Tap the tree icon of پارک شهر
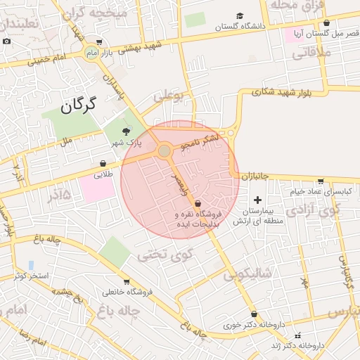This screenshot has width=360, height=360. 126,131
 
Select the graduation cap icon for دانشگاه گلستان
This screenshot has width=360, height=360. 240,16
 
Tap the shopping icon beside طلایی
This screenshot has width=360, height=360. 103,163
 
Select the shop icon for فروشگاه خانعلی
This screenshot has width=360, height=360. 127,282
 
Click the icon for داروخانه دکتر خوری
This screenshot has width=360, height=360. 254,314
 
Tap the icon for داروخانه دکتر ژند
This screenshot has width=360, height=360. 297,335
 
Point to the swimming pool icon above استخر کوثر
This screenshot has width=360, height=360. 31,265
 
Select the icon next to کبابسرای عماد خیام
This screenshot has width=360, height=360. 321,181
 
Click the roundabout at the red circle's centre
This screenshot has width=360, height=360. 165,150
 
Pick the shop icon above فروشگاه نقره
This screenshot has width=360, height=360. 198,203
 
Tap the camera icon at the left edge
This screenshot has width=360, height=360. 6,41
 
